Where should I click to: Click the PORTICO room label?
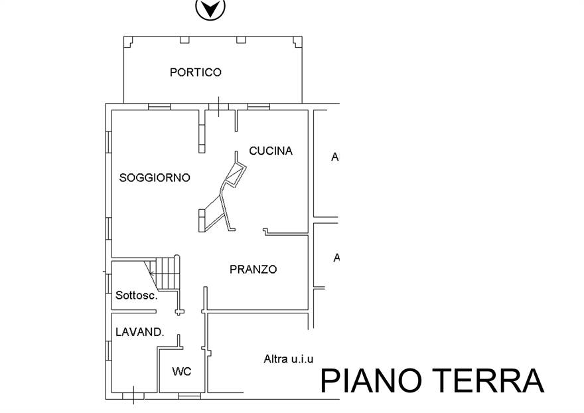click(x=195, y=72)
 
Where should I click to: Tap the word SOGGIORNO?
click(x=155, y=178)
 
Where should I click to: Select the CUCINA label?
click(x=271, y=151)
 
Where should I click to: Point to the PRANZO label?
click(x=253, y=270)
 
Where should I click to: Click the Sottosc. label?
click(x=136, y=295)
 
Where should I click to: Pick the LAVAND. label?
click(x=139, y=332)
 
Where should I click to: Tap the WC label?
click(x=181, y=372)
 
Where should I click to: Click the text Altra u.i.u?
click(x=288, y=359)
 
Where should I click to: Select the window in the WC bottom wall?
click(x=190, y=396)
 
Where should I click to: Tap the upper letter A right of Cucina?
click(x=335, y=157)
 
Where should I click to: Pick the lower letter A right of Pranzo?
click(x=336, y=258)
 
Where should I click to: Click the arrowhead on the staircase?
click(x=152, y=273)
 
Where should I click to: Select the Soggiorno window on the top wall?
click(x=159, y=106)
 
